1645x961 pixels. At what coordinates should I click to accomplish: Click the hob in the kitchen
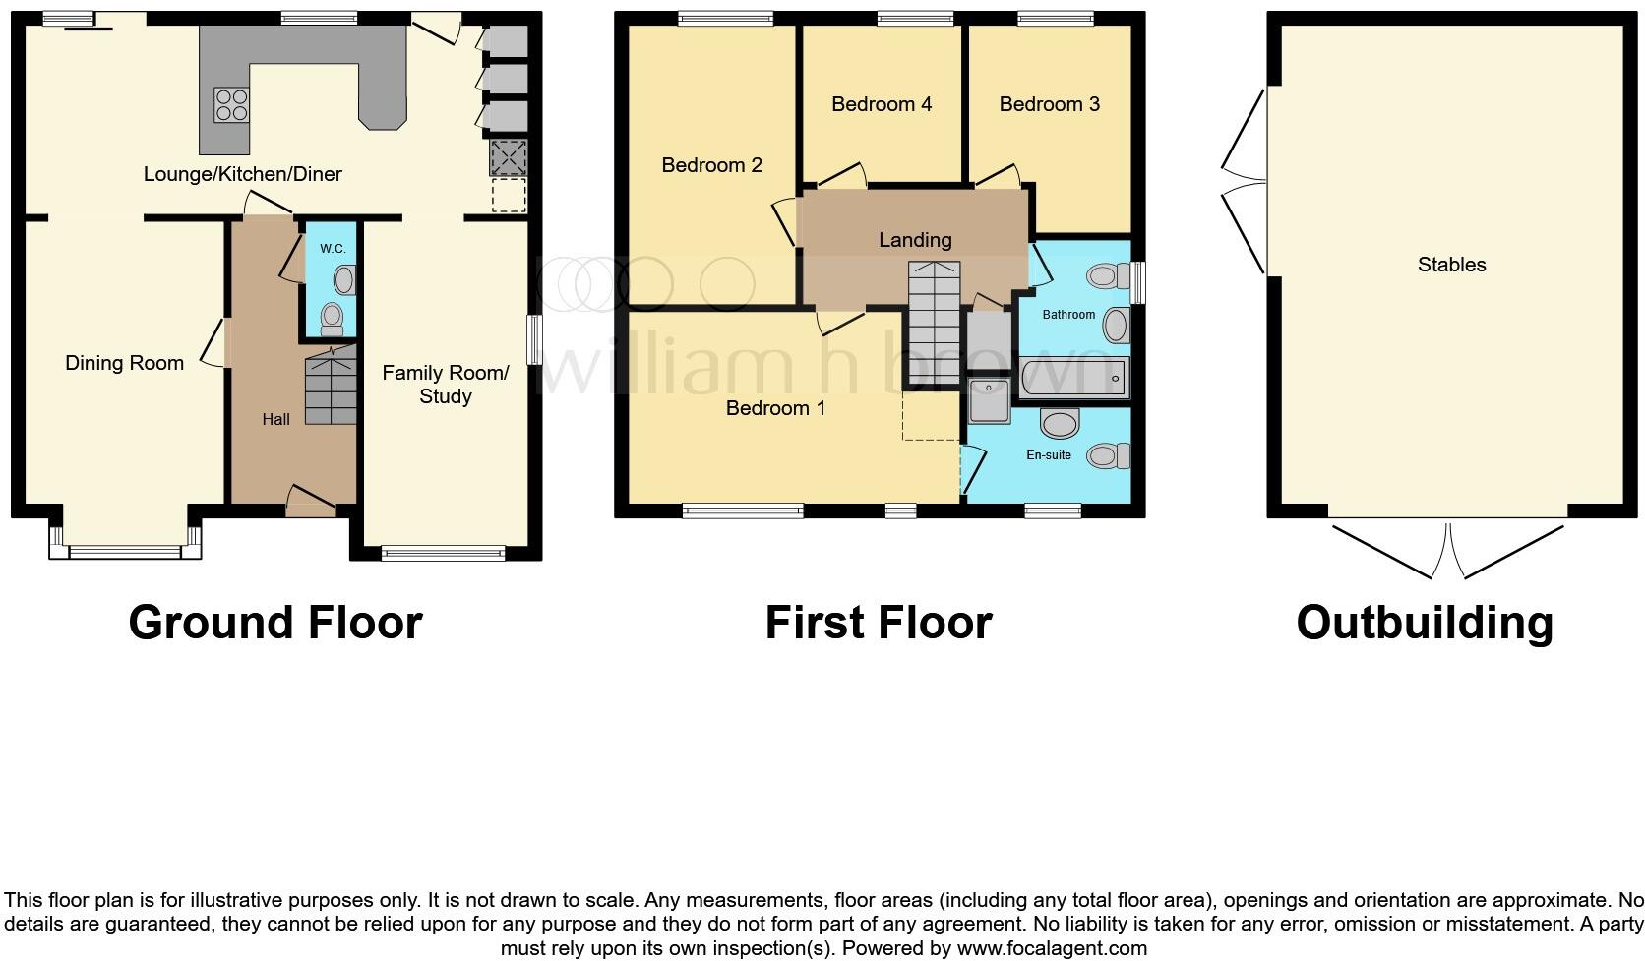point(232,105)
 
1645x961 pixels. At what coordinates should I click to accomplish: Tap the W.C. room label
point(333,248)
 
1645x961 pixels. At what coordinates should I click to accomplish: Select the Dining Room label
point(124,363)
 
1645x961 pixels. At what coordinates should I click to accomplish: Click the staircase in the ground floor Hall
point(330,390)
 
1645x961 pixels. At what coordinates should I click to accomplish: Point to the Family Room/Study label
point(446,385)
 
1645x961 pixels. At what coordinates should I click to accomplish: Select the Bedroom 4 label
point(882,104)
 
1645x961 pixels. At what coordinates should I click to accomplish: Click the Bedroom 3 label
point(1049,104)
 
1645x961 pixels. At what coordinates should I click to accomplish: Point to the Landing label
point(915,240)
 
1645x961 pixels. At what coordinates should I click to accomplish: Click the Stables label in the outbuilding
point(1451,265)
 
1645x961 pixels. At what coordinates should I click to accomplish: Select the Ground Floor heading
point(275,623)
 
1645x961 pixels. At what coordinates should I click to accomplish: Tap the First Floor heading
point(879,623)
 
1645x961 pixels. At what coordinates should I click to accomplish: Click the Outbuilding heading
point(1424,623)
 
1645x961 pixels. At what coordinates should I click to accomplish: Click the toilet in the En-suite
point(1109,455)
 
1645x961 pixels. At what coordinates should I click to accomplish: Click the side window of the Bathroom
point(1137,281)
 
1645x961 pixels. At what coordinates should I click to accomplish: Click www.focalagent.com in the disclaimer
point(1051,948)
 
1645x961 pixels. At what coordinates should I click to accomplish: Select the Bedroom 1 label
point(775,408)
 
